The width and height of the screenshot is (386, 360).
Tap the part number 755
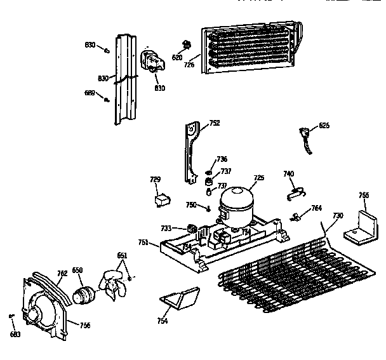click(x=364, y=196)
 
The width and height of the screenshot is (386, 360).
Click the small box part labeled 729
click(x=161, y=201)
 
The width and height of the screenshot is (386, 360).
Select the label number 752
click(x=215, y=123)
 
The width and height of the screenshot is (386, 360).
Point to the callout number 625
click(x=324, y=126)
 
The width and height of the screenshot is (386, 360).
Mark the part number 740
click(x=288, y=173)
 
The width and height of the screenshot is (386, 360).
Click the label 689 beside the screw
click(x=90, y=93)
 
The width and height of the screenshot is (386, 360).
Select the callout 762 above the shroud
click(x=62, y=274)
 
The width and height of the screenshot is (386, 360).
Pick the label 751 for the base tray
click(x=144, y=241)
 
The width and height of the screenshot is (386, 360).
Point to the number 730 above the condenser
click(x=338, y=216)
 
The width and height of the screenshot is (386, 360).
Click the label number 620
click(x=177, y=58)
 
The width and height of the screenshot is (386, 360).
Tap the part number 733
click(x=166, y=228)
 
